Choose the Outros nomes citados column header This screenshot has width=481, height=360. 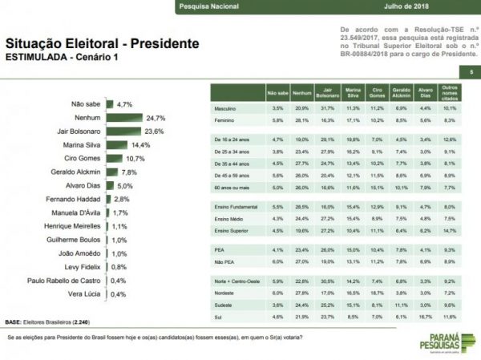pyautogui.click(x=451, y=92)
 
